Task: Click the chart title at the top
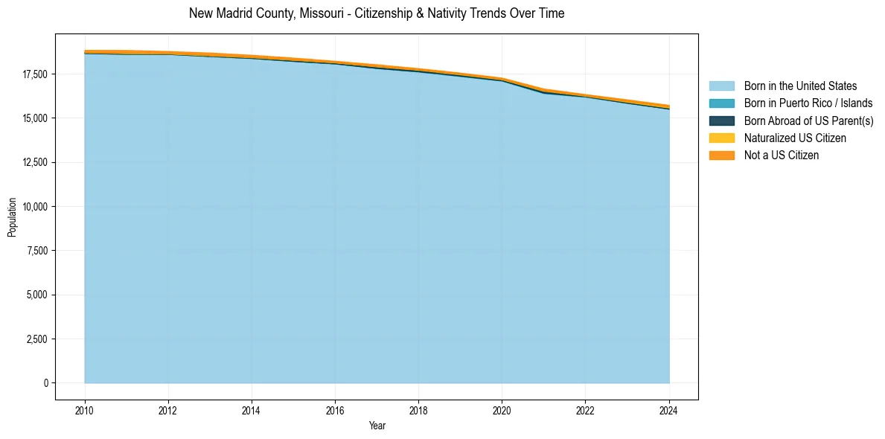click(377, 13)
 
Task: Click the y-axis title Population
click(12, 217)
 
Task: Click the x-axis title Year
click(377, 426)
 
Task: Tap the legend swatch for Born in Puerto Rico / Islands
click(721, 103)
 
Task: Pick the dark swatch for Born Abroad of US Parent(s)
click(721, 121)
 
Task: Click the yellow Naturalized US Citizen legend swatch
click(721, 138)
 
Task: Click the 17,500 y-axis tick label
click(35, 74)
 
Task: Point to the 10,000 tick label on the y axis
click(35, 207)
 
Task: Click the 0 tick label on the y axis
click(46, 383)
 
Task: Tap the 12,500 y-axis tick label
click(35, 163)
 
